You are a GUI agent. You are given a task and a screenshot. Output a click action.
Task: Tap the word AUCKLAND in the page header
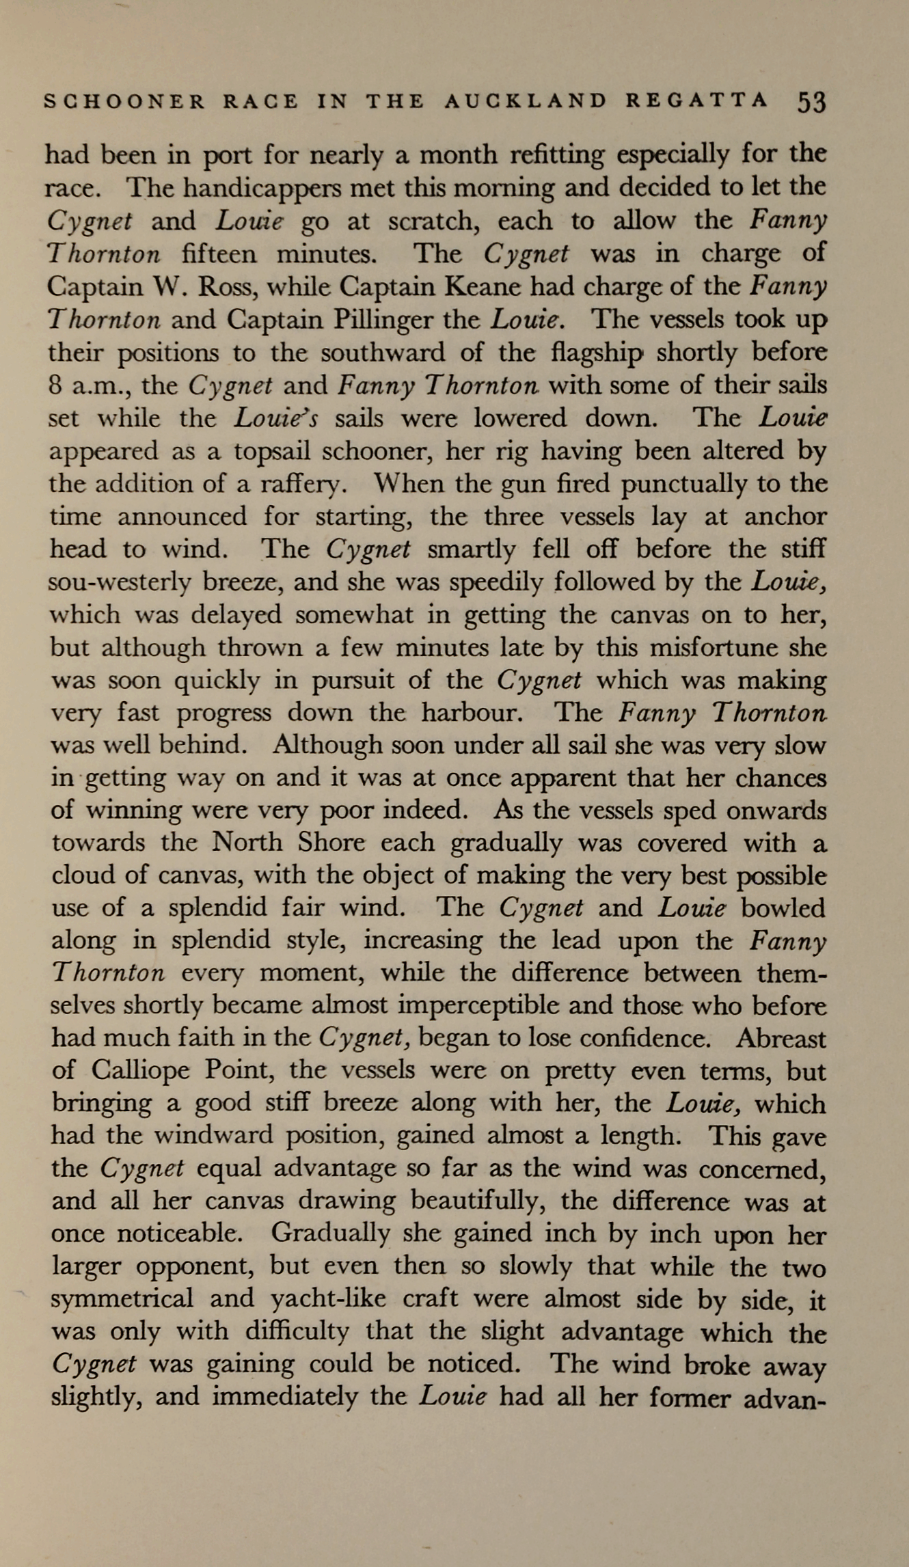[525, 102]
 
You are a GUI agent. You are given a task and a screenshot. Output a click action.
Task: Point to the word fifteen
[221, 254]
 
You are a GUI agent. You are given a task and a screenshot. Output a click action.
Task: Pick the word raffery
[300, 485]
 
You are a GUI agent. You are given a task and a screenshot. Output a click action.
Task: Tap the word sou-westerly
[118, 583]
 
